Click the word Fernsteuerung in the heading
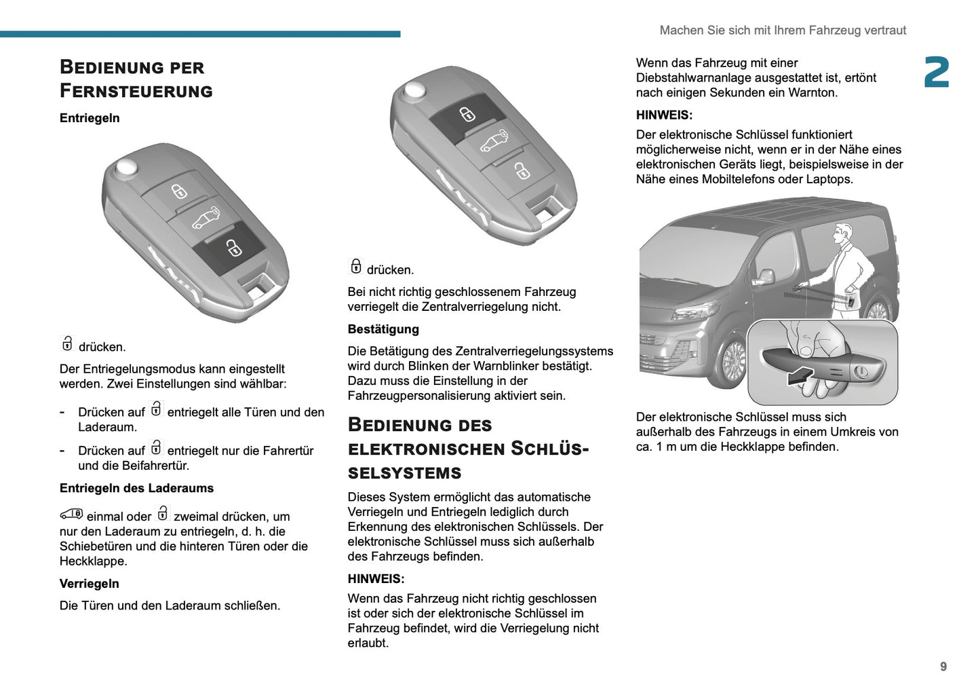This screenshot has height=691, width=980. click(136, 90)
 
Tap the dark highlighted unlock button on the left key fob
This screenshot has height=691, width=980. click(229, 247)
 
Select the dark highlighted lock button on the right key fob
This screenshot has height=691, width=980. click(467, 113)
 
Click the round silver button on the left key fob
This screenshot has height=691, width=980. click(126, 168)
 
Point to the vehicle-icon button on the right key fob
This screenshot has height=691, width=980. click(494, 141)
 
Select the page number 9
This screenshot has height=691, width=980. click(943, 667)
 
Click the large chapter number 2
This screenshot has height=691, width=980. click(937, 73)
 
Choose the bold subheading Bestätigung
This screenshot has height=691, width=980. click(383, 329)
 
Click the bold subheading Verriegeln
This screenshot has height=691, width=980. click(89, 584)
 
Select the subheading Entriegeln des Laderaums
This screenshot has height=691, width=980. click(136, 488)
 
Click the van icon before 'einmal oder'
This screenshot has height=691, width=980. click(71, 515)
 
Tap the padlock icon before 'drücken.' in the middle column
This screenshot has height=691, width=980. click(355, 267)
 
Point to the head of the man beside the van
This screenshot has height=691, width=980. click(843, 233)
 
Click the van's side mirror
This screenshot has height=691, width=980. click(765, 276)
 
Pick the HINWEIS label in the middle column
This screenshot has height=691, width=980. click(376, 579)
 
